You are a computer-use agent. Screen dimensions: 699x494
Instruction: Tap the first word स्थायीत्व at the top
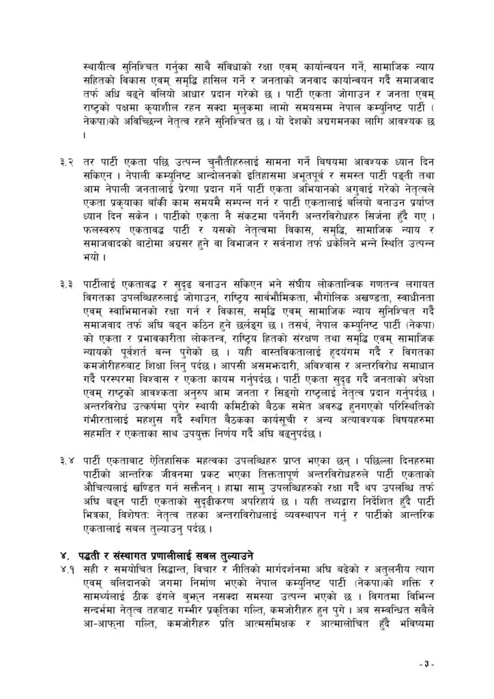click(102, 66)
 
